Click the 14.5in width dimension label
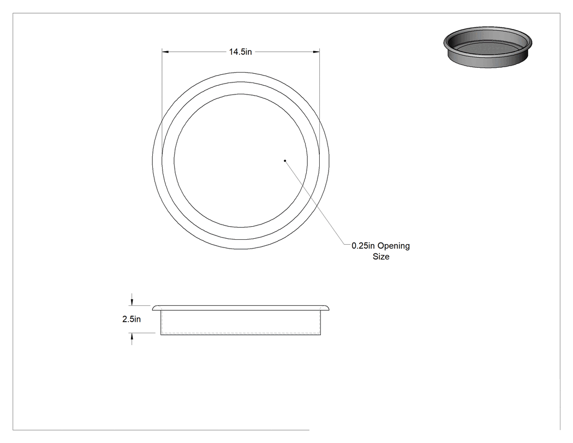[x=241, y=52]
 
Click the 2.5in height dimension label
[x=132, y=320]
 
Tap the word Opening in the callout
[x=393, y=246]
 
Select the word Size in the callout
[x=381, y=256]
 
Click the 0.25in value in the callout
[x=363, y=246]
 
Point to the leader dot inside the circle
[x=285, y=161]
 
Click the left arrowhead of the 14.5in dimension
[x=165, y=52]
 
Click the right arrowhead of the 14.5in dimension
[x=317, y=52]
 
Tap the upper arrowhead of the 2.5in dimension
[x=132, y=302]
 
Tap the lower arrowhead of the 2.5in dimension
[x=132, y=336]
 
